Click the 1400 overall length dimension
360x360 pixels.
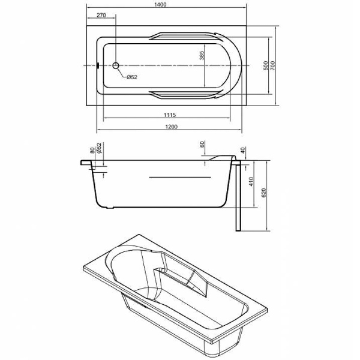coord(160,4)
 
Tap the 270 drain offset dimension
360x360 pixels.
coord(101,15)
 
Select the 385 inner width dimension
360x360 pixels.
coord(202,55)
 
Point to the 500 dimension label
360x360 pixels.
coord(265,65)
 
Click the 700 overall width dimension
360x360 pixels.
coord(272,65)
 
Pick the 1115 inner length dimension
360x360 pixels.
coord(170,115)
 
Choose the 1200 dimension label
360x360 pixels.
coord(171,127)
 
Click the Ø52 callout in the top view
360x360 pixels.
coord(132,77)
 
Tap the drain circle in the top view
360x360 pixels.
coord(116,65)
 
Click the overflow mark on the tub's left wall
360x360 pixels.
coord(98,65)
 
